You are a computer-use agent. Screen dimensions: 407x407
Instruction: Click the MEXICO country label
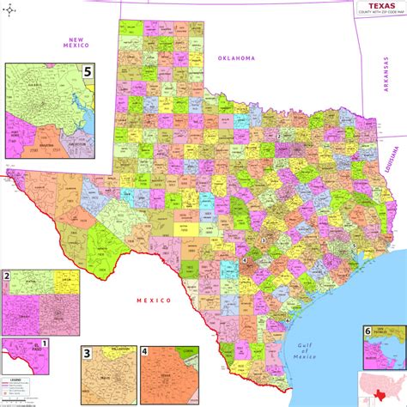[154, 301]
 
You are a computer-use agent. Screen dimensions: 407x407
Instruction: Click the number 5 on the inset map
[88, 72]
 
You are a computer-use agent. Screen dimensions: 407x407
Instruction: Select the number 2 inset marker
[7, 276]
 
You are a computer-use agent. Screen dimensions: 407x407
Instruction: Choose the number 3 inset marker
[87, 353]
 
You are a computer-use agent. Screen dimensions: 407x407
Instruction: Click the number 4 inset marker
[145, 352]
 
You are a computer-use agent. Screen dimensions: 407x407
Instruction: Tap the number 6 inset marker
[368, 331]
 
